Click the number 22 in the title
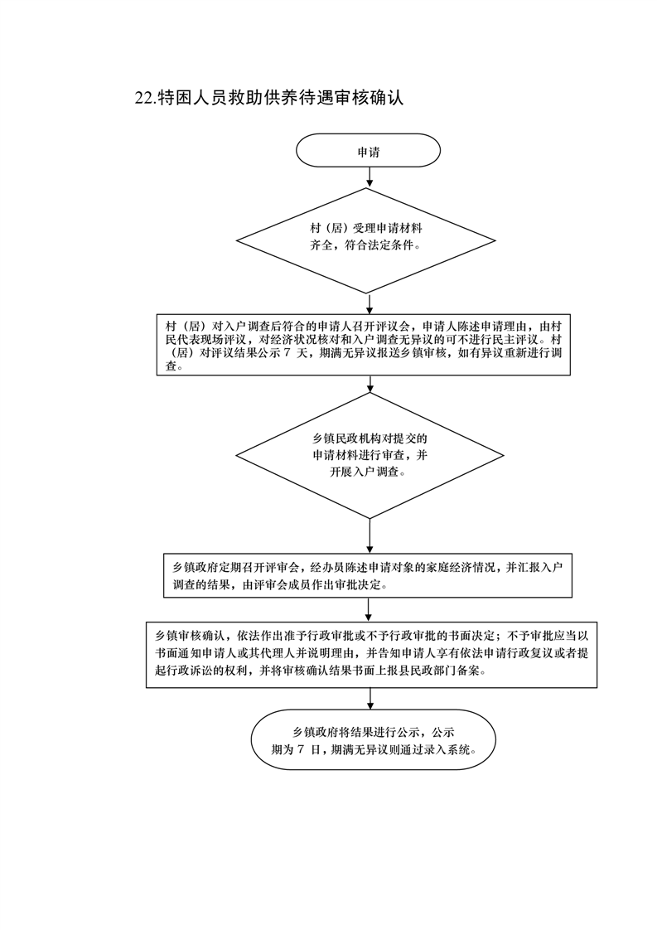[143, 99]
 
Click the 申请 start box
[369, 153]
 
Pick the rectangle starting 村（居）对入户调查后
[370, 345]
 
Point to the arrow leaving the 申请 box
[370, 177]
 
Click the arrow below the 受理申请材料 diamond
[370, 303]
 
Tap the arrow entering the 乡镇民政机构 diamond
[370, 385]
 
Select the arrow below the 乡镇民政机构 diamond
[370, 536]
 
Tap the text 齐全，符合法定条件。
[365, 247]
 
